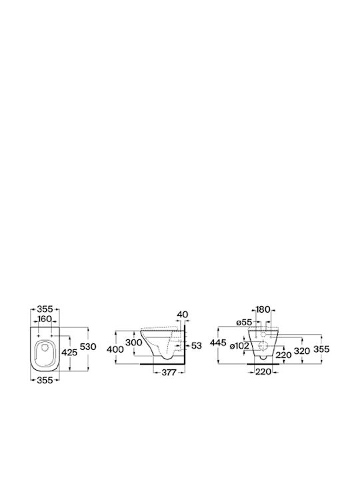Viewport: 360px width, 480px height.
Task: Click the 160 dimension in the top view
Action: tap(45, 319)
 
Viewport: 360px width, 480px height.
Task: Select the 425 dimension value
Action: tap(69, 353)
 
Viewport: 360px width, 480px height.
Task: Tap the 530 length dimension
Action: tap(88, 347)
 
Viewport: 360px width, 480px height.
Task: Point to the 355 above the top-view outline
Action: tap(45, 309)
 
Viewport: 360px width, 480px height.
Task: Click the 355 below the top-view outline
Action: tap(45, 380)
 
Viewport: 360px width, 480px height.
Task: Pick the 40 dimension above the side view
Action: tap(183, 315)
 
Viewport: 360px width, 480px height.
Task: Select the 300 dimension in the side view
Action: tap(134, 343)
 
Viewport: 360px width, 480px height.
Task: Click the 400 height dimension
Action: tap(115, 349)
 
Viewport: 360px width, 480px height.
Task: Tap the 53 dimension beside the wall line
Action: tap(196, 345)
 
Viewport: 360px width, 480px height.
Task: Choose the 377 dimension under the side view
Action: tap(169, 373)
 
